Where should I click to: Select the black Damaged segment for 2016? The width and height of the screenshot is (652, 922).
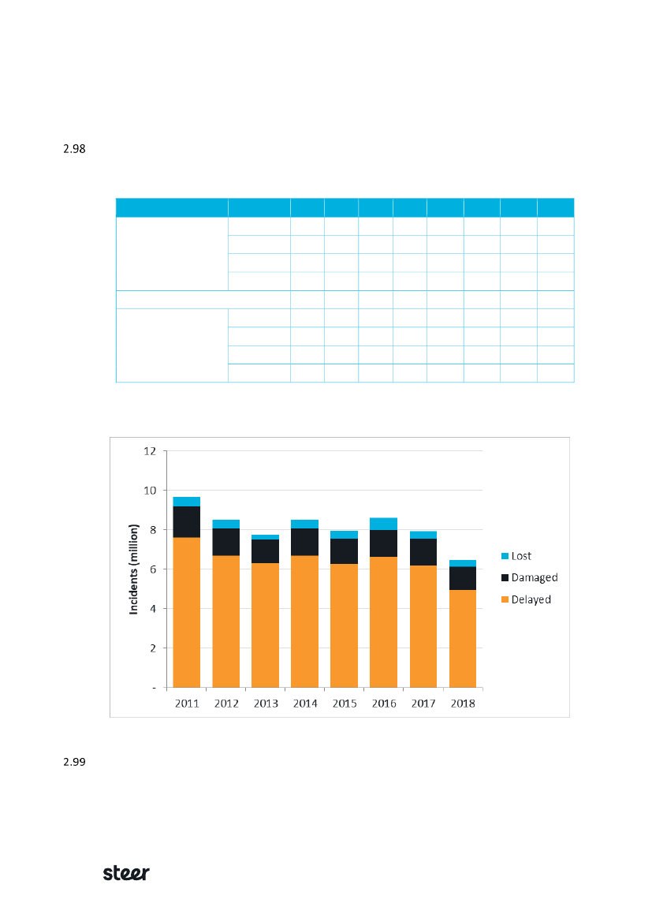coord(383,543)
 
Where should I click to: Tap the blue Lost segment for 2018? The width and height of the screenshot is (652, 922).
coord(462,563)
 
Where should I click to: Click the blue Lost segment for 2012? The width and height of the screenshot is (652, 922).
coord(226,524)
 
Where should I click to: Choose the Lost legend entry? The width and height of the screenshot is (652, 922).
coord(521,556)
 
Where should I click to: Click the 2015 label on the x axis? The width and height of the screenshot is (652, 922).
coord(345,703)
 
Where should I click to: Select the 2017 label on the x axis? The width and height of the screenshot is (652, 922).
coord(423,703)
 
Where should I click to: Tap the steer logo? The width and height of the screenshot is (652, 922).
coord(127,873)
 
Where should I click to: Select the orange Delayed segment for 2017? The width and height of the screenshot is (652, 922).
coord(423,626)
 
